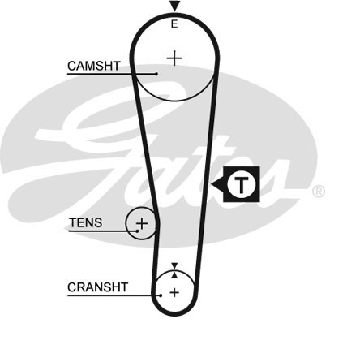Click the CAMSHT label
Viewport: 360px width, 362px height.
tap(94, 66)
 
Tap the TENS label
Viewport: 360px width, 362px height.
tap(86, 222)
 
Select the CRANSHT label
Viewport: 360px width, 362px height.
tap(97, 287)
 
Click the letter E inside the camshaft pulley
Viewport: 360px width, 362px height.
tap(174, 24)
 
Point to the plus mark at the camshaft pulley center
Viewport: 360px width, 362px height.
tap(174, 58)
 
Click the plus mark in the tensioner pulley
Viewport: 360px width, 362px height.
tap(142, 223)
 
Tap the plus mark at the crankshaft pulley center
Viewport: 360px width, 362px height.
tap(174, 292)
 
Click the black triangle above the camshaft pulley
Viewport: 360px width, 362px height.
tap(174, 6)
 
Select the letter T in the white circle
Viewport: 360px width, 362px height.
tap(241, 185)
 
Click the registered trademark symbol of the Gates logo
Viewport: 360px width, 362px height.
tap(319, 192)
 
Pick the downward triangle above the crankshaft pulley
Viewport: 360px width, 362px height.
tap(174, 265)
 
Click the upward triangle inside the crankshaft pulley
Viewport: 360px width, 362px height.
tap(174, 275)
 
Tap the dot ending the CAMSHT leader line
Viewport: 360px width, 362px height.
tap(156, 74)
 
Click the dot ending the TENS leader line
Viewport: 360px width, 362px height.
tap(137, 231)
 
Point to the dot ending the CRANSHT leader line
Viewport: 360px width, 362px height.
tap(161, 295)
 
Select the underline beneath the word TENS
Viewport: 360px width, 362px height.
tap(103, 231)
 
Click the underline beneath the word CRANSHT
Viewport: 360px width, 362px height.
tap(114, 295)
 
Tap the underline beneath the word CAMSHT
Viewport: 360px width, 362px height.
tap(112, 74)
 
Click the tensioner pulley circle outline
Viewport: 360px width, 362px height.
tap(126, 223)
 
